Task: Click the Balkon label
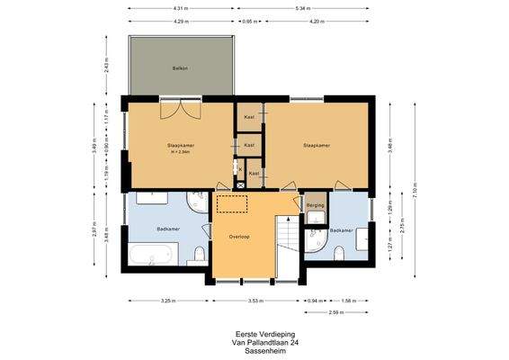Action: tap(180, 67)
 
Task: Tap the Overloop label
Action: tap(238, 237)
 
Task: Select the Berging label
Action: tap(315, 205)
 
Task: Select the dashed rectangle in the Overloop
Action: tap(233, 204)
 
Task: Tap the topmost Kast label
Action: tap(249, 118)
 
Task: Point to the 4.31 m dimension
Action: tap(181, 9)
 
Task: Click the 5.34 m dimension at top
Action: tap(303, 9)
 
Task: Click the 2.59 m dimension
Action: tap(336, 312)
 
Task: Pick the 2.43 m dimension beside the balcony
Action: tap(106, 66)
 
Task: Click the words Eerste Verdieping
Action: tap(254, 333)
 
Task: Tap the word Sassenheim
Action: tap(254, 349)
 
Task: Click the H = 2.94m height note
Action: tap(180, 150)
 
